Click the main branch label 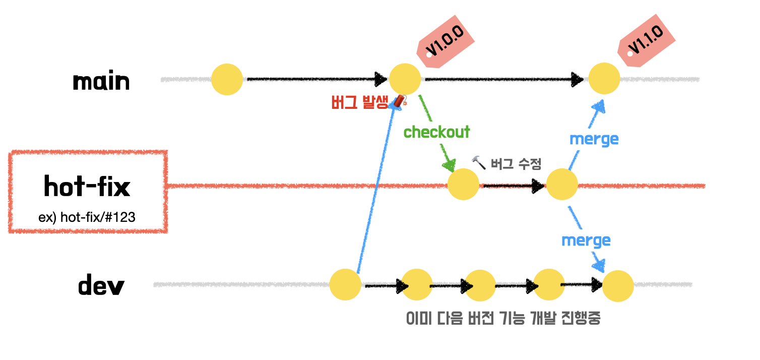point(101,81)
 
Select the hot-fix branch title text point(87,187)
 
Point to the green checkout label point(436,132)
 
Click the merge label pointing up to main point(594,139)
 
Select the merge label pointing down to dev point(586,240)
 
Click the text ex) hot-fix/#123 point(87,217)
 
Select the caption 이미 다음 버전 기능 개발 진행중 point(503,319)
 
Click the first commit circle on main point(227,79)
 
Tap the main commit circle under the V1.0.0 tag point(405,79)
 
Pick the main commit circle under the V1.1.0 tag point(604,79)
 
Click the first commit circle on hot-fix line point(463,185)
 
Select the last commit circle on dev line point(618,286)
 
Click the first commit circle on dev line point(345,284)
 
